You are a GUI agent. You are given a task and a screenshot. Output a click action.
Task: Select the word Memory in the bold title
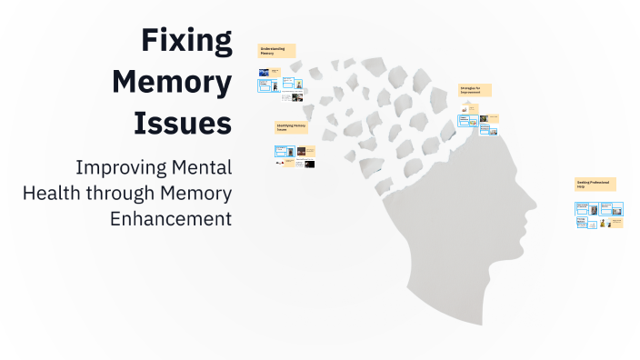coord(172,82)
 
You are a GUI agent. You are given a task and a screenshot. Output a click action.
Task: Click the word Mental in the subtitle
coord(203,169)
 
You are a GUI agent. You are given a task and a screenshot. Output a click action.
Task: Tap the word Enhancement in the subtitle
coord(171,218)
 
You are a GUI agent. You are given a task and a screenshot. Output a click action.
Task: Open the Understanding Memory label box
coord(276,51)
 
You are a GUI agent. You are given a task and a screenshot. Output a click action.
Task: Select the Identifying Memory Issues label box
coord(291,128)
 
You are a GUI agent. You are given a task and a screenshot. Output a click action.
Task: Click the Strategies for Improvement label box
coord(475,91)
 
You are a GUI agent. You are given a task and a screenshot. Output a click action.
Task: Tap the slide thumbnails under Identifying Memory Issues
coord(295,157)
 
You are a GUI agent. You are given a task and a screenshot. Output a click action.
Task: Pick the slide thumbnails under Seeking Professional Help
coord(598,215)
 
